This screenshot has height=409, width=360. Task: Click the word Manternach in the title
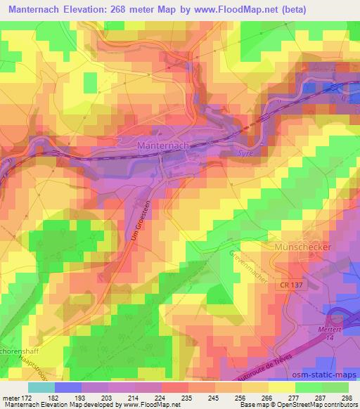pos(38,11)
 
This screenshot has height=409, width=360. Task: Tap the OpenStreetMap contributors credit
pos(316,405)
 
